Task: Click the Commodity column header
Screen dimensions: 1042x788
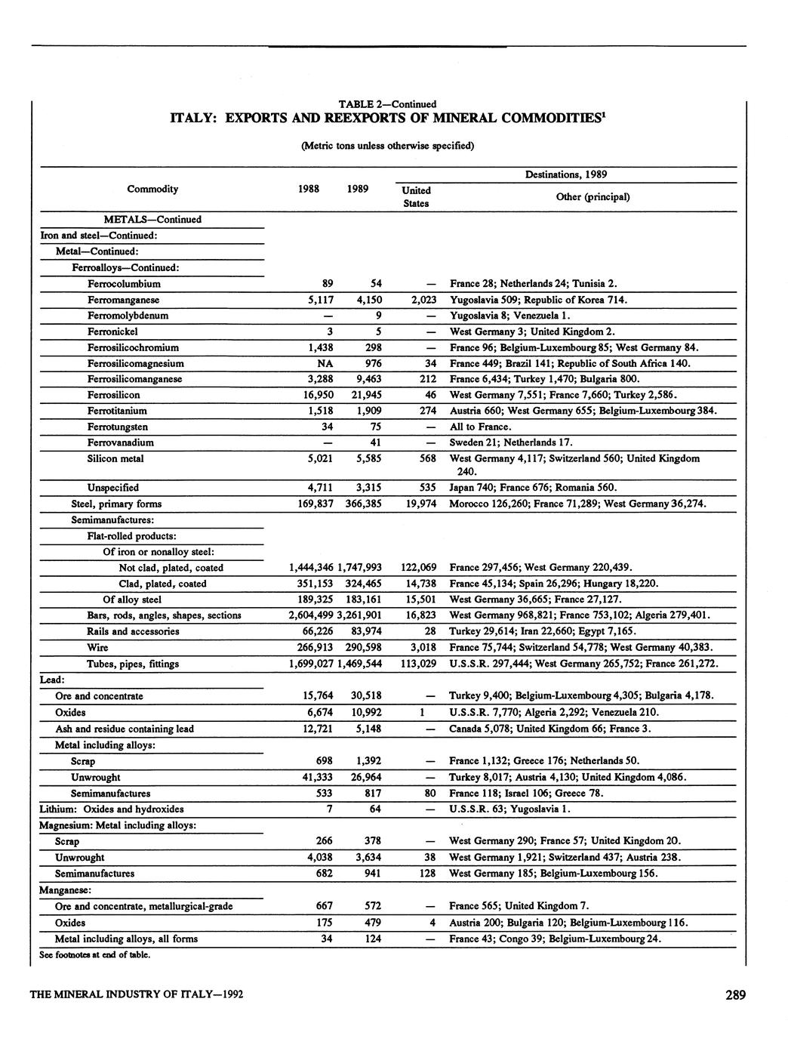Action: pos(152,189)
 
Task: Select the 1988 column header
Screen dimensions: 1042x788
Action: pos(312,189)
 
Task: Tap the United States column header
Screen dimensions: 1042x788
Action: pos(416,196)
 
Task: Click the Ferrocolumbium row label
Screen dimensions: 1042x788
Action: pos(124,284)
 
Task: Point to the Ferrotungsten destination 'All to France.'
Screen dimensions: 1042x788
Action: pos(480,427)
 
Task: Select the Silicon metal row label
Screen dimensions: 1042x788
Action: pos(115,458)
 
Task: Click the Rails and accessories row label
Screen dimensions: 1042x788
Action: pos(133,631)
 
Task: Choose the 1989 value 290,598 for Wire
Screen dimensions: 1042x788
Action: pos(361,647)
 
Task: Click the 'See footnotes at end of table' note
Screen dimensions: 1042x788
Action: pos(94,954)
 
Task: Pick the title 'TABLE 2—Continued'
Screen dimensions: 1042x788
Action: pos(387,103)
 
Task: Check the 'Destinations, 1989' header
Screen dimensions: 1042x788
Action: pos(566,174)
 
